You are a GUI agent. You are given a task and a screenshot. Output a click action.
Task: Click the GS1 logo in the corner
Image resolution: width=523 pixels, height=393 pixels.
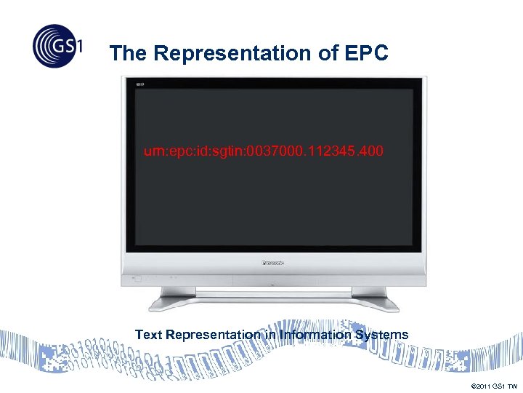(x=57, y=45)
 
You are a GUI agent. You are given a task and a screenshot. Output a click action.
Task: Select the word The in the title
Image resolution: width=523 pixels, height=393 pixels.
(x=129, y=54)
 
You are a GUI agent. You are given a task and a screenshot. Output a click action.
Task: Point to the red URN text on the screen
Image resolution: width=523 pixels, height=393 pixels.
(x=263, y=151)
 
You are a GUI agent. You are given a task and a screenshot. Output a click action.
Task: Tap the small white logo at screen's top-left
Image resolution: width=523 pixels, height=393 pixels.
(x=140, y=86)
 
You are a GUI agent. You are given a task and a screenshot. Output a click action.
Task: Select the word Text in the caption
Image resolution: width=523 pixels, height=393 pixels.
(x=149, y=335)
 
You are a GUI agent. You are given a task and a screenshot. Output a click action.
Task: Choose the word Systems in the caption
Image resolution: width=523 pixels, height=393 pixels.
(x=381, y=335)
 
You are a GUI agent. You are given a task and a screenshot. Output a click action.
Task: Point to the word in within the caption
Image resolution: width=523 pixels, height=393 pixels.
(x=271, y=335)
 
